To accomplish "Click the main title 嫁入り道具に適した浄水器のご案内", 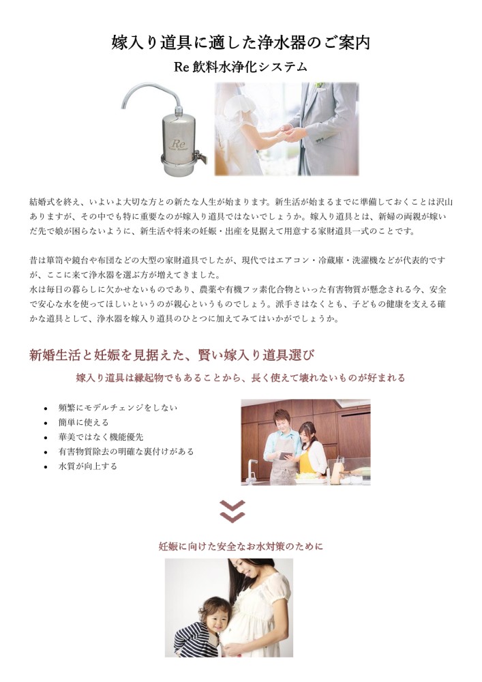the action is pos(241,43).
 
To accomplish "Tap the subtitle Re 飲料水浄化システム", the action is pos(241,67).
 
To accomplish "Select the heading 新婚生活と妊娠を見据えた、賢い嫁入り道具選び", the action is pos(172,355).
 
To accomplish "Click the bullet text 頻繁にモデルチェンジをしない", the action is pos(118,408).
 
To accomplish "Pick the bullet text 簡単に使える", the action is pos(83,422).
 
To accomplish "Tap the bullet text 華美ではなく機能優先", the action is pos(101,436).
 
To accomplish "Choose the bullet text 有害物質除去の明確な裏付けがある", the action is pos(126,451).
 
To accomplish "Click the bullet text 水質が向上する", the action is pos(88,466).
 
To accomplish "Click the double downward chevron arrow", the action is pos(232,512).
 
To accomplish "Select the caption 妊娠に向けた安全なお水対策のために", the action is pos(241,546).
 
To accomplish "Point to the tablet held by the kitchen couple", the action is pos(286,455).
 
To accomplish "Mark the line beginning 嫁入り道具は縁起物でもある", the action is pos(241,378).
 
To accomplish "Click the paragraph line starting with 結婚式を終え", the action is pos(241,202).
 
